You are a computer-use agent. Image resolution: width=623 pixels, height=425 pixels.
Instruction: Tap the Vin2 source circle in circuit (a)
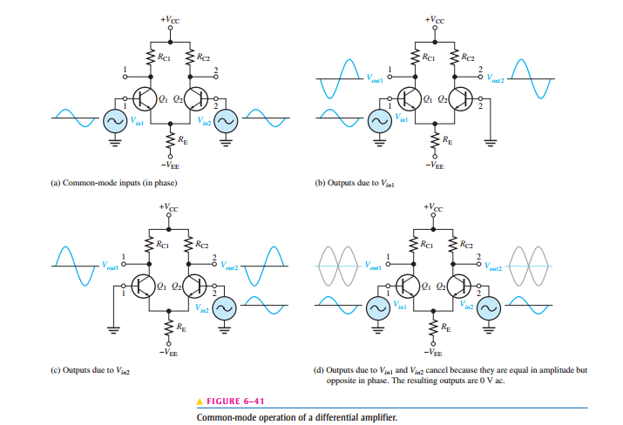[226, 120]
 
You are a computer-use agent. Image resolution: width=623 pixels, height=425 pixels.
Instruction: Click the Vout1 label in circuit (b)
[375, 78]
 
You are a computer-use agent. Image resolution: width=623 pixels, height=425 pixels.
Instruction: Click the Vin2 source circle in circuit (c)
[225, 307]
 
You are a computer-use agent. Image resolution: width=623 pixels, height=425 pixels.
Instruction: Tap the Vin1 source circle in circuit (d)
[378, 307]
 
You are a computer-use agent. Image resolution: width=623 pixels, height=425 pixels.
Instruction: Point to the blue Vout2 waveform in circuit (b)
[531, 78]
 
